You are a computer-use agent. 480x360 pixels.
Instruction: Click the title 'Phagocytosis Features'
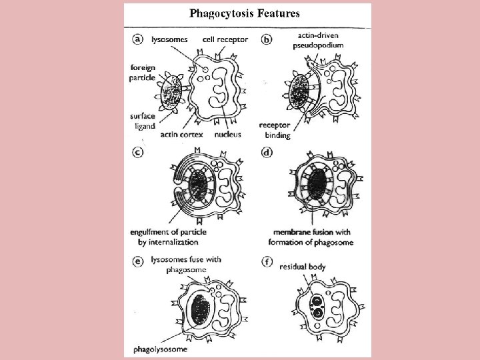[x=245, y=13]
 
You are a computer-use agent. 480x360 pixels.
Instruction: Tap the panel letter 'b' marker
[x=267, y=40]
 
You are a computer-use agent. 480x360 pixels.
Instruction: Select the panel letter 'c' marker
[x=137, y=152]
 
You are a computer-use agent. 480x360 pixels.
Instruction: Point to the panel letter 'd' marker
[x=267, y=152]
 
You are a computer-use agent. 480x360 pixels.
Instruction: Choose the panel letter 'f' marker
[x=267, y=261]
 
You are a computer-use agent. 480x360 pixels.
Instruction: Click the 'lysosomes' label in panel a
[x=169, y=39]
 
